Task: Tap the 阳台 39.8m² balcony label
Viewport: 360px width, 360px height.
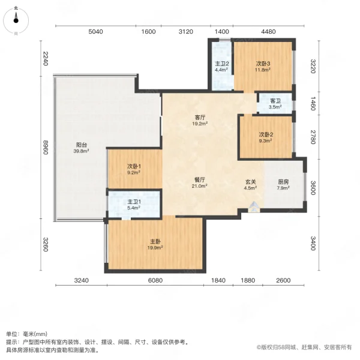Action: point(82,148)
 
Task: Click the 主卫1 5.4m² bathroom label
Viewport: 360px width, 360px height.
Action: point(133,205)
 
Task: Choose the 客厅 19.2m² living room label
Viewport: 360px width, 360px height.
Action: point(200,121)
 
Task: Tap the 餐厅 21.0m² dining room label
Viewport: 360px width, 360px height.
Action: point(200,182)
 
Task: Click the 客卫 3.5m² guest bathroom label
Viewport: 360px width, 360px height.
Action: point(275,104)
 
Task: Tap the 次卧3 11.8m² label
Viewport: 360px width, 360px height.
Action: point(263,66)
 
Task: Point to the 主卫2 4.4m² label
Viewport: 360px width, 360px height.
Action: point(221,66)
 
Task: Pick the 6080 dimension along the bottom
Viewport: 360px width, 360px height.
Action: point(155,280)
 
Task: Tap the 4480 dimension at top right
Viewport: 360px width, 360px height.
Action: point(268,32)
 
